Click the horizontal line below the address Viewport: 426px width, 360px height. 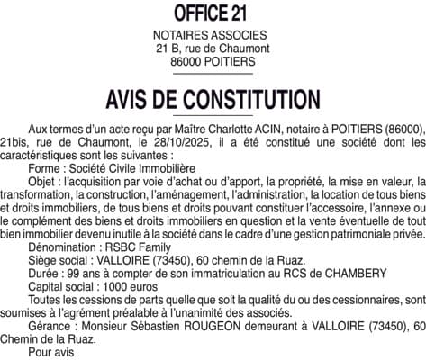point(213,75)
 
